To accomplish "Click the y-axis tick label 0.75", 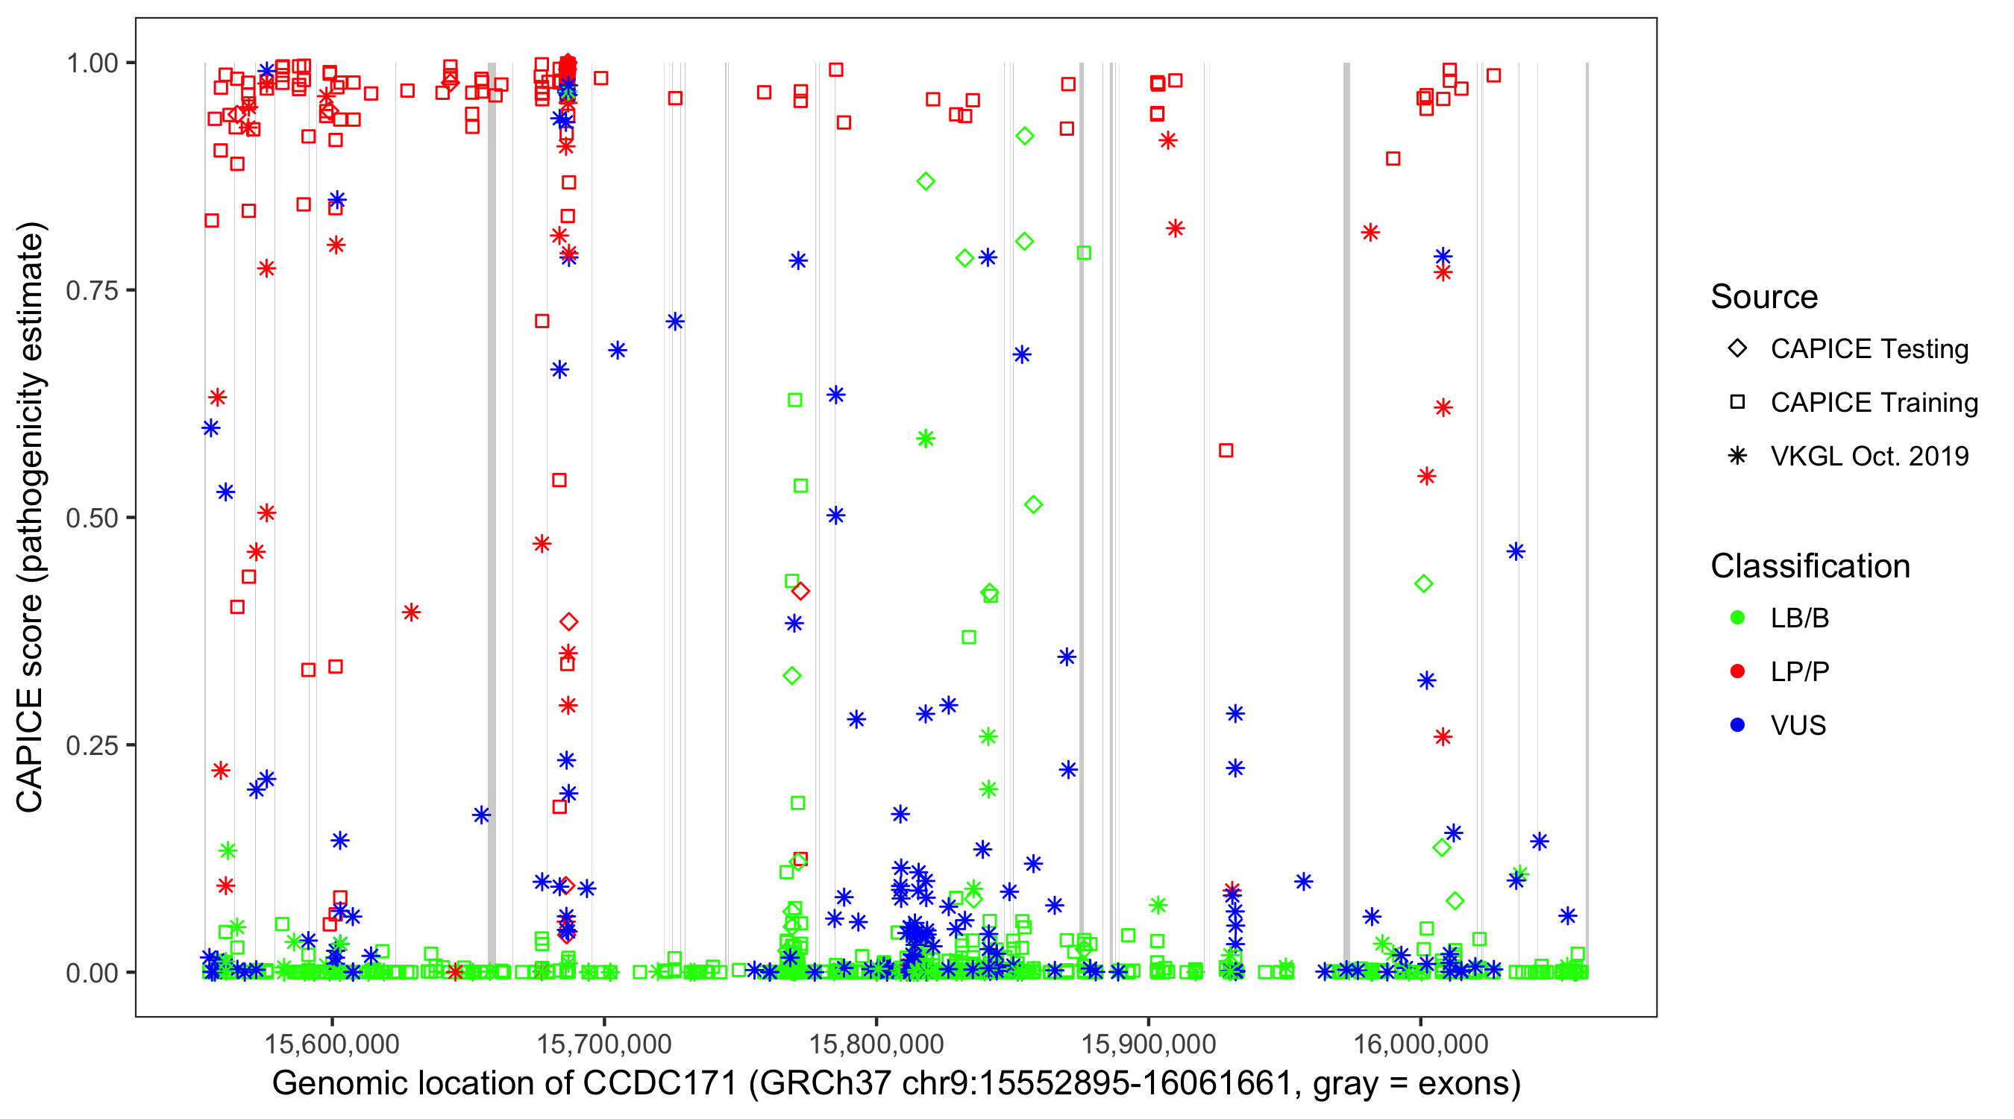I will pyautogui.click(x=92, y=291).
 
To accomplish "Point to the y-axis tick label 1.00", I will pyautogui.click(x=92, y=63).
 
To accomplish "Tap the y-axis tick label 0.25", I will pyautogui.click(x=92, y=745).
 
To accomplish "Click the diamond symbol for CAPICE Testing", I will pyautogui.click(x=1737, y=349).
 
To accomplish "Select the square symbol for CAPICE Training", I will pyautogui.click(x=1737, y=403).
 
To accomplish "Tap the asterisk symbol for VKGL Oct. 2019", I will pyautogui.click(x=1737, y=456).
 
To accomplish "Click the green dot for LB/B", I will pyautogui.click(x=1737, y=618).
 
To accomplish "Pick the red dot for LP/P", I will pyautogui.click(x=1737, y=671).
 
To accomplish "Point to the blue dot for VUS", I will pyautogui.click(x=1737, y=725).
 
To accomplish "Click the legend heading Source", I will pyautogui.click(x=1764, y=297).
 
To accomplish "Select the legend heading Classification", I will pyautogui.click(x=1810, y=566).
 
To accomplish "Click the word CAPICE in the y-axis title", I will pyautogui.click(x=30, y=750).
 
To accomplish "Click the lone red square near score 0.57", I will pyautogui.click(x=1226, y=451).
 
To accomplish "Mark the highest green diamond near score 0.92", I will pyautogui.click(x=1024, y=136).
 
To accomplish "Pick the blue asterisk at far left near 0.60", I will pyautogui.click(x=211, y=427).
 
